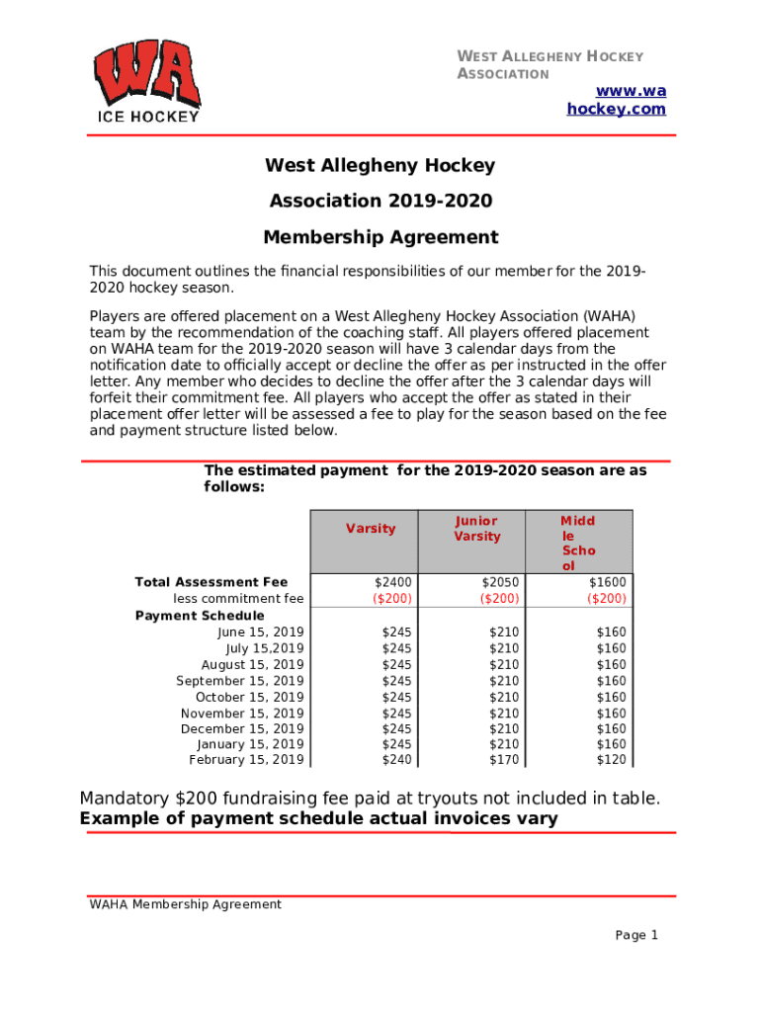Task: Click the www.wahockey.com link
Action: [x=616, y=100]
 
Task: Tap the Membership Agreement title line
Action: [x=380, y=237]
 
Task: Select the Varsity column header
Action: [x=371, y=529]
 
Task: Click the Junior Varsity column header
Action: [x=477, y=529]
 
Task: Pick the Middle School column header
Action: [x=578, y=543]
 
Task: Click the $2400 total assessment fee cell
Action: [x=393, y=583]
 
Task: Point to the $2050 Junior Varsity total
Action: [x=500, y=583]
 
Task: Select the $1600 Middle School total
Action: [x=607, y=583]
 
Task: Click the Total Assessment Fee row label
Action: [x=211, y=583]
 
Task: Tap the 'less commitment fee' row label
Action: [x=238, y=599]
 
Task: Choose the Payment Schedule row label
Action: [x=200, y=616]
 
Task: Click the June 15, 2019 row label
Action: [x=261, y=632]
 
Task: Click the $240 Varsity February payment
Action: [x=397, y=760]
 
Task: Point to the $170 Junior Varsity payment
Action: [x=504, y=760]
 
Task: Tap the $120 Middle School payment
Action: [x=611, y=760]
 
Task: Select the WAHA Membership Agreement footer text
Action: [x=185, y=904]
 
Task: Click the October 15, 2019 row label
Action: [x=250, y=697]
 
